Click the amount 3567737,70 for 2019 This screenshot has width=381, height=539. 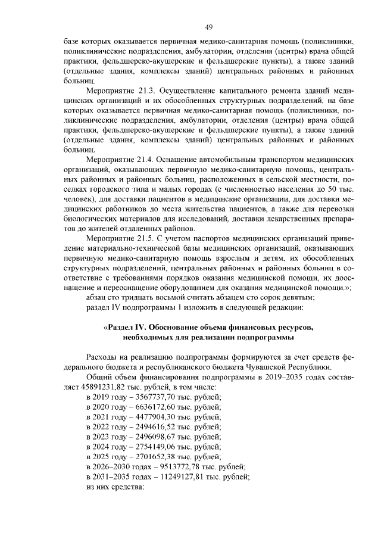click(156, 397)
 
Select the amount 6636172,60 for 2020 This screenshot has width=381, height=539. click(156, 407)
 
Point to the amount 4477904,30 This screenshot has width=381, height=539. click(156, 417)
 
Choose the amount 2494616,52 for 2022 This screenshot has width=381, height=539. click(156, 427)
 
